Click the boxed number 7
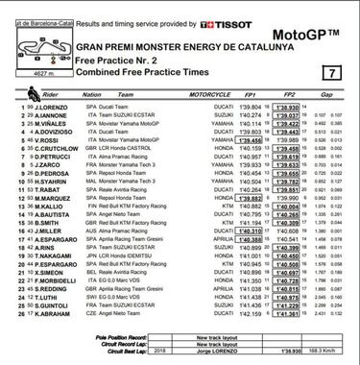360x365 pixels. [x=331, y=73]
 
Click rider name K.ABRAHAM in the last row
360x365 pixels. [x=49, y=313]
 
